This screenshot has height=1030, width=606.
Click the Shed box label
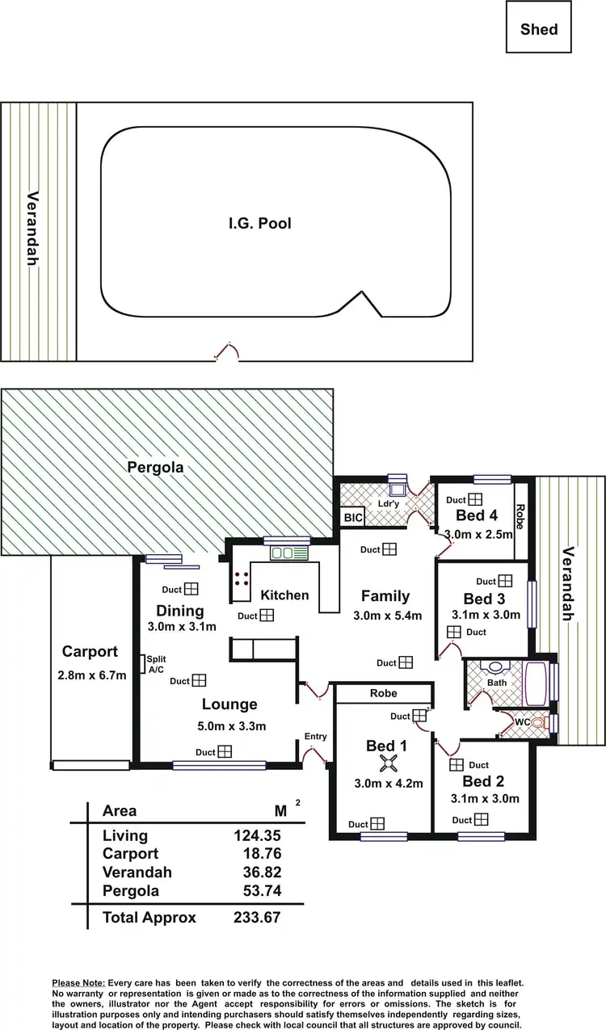tap(539, 29)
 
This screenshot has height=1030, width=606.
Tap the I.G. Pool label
tap(259, 223)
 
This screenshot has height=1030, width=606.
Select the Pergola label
tap(155, 467)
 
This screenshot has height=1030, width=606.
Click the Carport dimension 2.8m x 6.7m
tap(91, 675)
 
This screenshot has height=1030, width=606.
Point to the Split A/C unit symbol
tap(143, 664)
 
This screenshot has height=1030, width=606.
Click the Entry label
tap(315, 736)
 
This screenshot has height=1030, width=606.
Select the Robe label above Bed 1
tap(383, 693)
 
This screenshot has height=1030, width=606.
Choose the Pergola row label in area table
tap(131, 891)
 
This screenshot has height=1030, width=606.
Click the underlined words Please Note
tap(78, 981)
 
